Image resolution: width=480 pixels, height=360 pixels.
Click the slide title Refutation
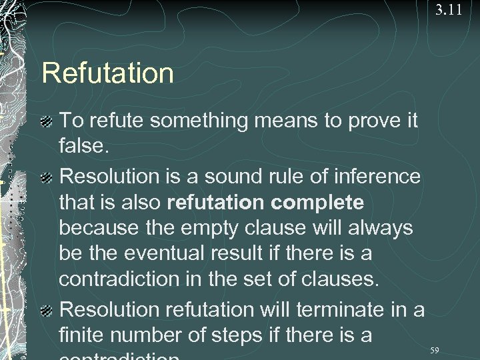(x=107, y=73)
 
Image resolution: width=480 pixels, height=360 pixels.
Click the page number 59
(x=435, y=350)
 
